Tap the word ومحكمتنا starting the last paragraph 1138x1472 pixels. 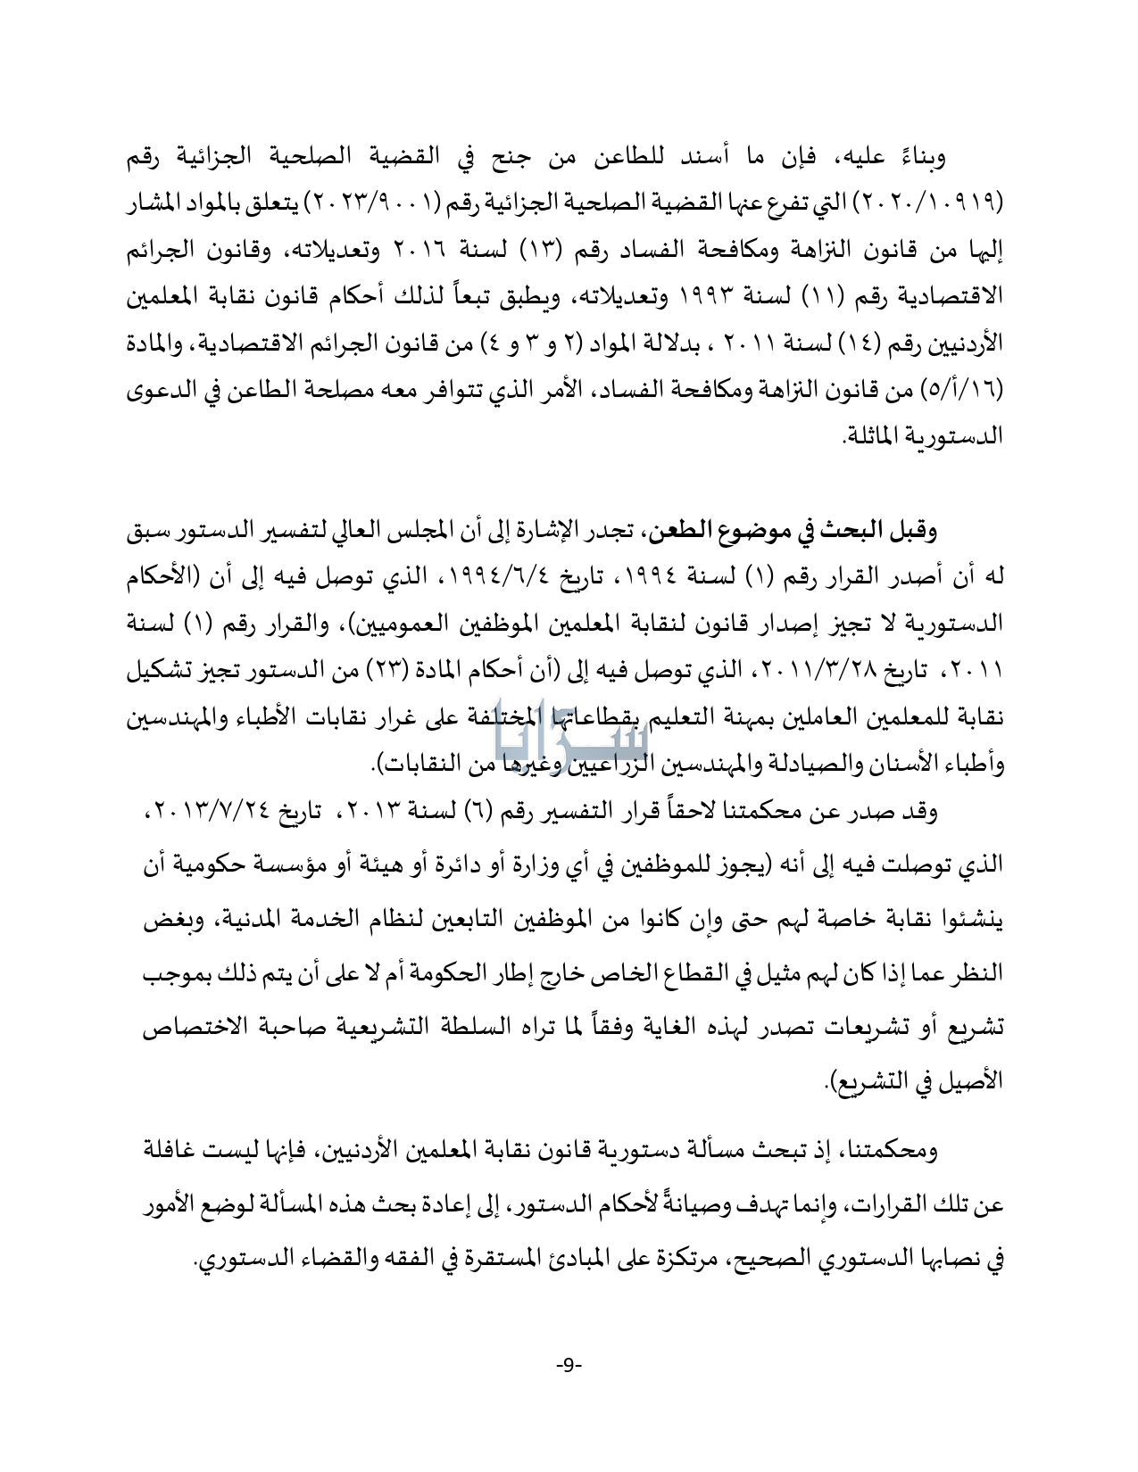(901, 1152)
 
